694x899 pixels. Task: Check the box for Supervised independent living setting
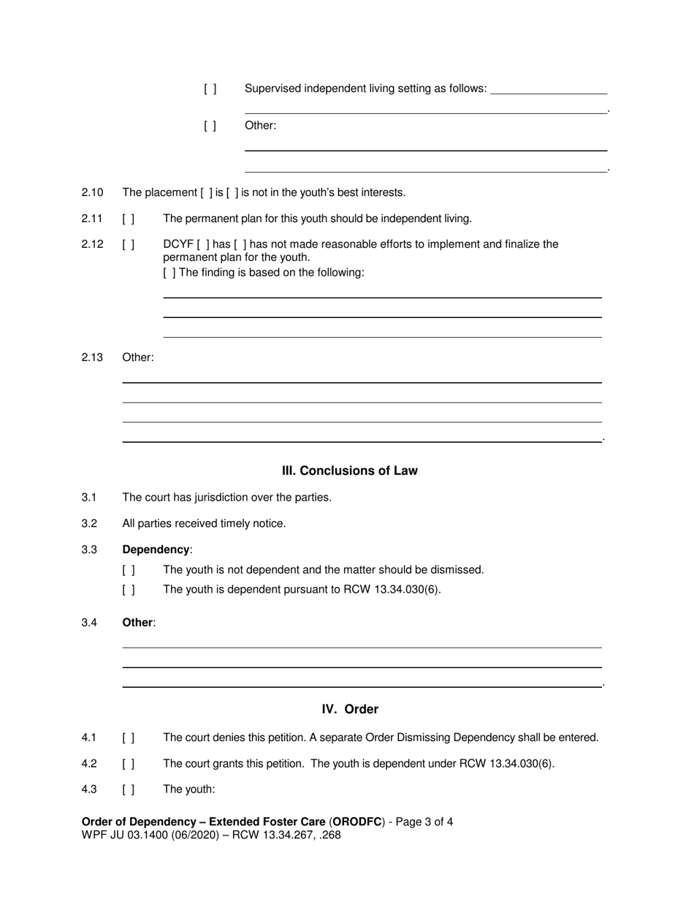tap(210, 89)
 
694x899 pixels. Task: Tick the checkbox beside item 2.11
tap(129, 219)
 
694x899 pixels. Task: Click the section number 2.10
tap(92, 192)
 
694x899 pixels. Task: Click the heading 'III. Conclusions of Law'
tap(349, 471)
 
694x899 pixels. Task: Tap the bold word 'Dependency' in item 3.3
tap(156, 550)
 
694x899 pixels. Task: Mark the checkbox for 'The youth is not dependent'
tap(129, 570)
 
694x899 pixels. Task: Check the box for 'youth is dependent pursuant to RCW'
tap(129, 590)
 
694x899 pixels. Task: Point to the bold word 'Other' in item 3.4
tap(137, 623)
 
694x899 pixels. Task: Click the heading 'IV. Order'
tap(350, 710)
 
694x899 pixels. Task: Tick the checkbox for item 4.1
tap(129, 738)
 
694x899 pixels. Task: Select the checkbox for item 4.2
tap(129, 764)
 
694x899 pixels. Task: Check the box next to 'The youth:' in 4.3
tap(129, 790)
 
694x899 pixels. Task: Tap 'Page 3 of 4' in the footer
tap(425, 822)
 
